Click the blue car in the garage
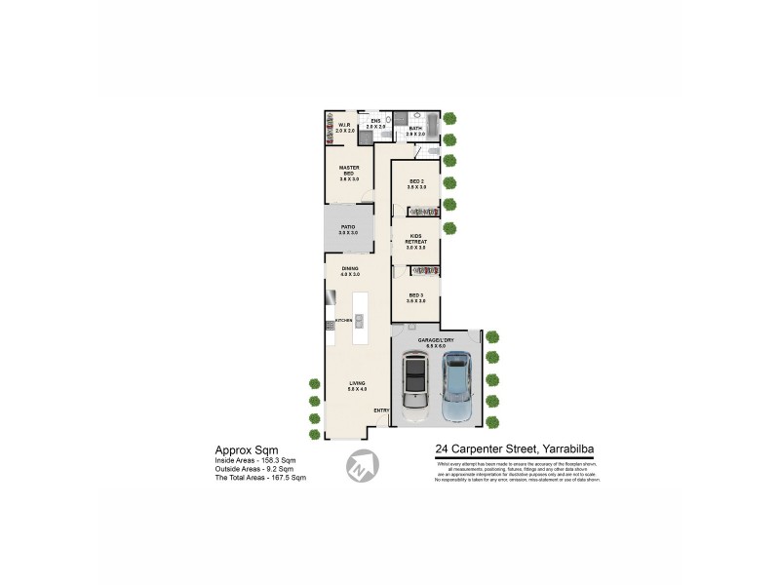pos(456,386)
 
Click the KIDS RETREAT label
pos(415,241)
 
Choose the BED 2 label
pos(416,183)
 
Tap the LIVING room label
pos(358,386)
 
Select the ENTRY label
pos(380,410)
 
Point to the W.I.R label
pos(344,125)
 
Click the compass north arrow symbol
pos(361,465)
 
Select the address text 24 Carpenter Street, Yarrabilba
pos(515,449)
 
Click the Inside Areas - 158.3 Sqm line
pos(256,460)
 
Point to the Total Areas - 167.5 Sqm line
pos(260,478)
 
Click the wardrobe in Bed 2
pos(423,211)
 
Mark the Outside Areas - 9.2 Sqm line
pos(256,469)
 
